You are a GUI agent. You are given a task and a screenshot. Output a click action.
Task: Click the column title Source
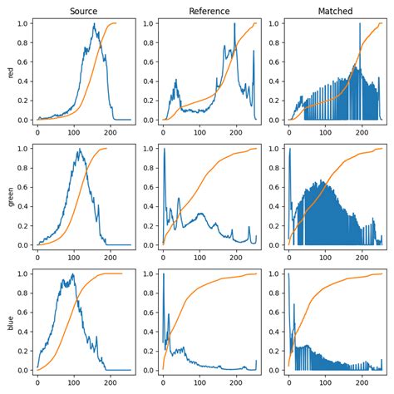(83, 11)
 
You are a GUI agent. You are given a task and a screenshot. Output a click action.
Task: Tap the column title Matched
(335, 11)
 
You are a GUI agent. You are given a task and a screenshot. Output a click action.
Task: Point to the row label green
(10, 196)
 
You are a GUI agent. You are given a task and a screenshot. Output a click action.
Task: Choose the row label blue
(10, 322)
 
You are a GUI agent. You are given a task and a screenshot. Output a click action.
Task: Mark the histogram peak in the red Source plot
(96, 24)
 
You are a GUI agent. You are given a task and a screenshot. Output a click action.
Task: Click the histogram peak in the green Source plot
(80, 150)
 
